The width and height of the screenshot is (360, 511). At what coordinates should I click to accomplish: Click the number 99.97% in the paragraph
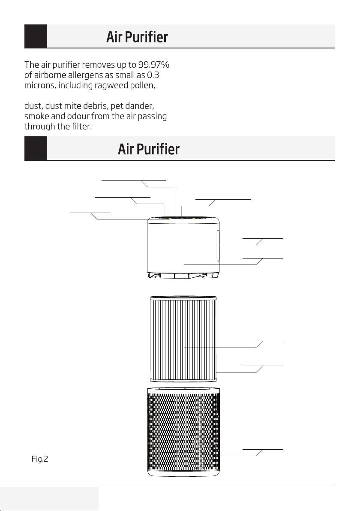coord(154,65)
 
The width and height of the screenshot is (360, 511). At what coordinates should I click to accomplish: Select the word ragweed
coord(111,86)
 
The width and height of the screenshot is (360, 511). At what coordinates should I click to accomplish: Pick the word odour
coord(78,116)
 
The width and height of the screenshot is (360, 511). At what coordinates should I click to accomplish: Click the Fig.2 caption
coord(40,459)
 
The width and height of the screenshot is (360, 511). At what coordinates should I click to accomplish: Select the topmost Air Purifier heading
coord(137,36)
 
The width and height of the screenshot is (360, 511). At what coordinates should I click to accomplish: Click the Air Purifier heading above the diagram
coord(149,149)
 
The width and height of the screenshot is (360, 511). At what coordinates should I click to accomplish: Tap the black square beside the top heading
coord(36,36)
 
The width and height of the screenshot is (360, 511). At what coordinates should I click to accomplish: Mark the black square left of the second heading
coord(36,148)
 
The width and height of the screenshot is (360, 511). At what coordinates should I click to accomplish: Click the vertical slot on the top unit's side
coord(218,246)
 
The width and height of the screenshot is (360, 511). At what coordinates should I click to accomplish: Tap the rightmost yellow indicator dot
coord(194,219)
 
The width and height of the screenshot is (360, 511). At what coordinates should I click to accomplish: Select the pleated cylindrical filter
coord(183,339)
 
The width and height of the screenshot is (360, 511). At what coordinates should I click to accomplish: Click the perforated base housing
coord(183,432)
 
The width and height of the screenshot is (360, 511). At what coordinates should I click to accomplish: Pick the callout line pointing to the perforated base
coord(251,453)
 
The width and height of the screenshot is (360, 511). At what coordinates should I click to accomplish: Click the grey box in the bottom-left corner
coord(49,499)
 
